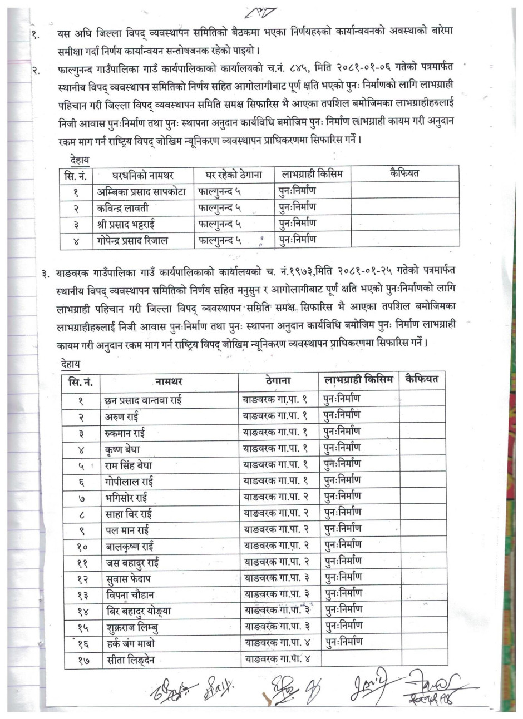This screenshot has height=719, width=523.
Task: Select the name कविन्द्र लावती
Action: pos(122,208)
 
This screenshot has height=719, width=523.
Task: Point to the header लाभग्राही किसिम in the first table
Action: pos(312,174)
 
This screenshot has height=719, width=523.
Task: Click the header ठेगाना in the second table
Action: pos(278,381)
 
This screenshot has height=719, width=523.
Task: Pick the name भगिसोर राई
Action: pos(126,497)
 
